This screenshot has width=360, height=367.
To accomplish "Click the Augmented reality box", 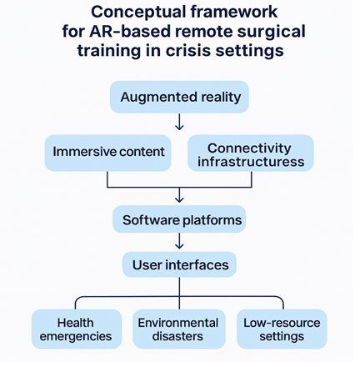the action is click(x=179, y=97).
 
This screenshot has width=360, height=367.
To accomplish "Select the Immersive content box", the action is click(x=107, y=153).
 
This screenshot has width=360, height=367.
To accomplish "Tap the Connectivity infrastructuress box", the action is click(x=251, y=153).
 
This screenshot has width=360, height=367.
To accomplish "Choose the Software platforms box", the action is click(x=179, y=219).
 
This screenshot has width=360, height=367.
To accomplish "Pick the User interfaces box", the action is click(x=179, y=264).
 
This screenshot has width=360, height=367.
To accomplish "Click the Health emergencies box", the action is click(x=77, y=329).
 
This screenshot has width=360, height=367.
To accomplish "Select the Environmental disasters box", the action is click(x=179, y=329).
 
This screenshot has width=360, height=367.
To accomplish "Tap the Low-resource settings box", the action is click(x=282, y=329).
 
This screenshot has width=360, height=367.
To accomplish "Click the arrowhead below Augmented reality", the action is click(x=179, y=128).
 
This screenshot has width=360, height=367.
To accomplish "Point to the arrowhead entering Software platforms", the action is click(x=179, y=199).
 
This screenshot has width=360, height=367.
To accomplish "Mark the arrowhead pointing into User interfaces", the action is click(x=179, y=246).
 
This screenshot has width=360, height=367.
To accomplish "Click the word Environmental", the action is click(x=178, y=323).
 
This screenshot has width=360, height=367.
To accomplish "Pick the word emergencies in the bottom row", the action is click(x=76, y=337).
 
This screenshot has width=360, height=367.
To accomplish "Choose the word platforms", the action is click(x=212, y=221).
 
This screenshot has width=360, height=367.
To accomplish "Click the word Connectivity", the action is click(x=249, y=148).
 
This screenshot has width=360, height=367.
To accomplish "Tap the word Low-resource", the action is click(x=282, y=323).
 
